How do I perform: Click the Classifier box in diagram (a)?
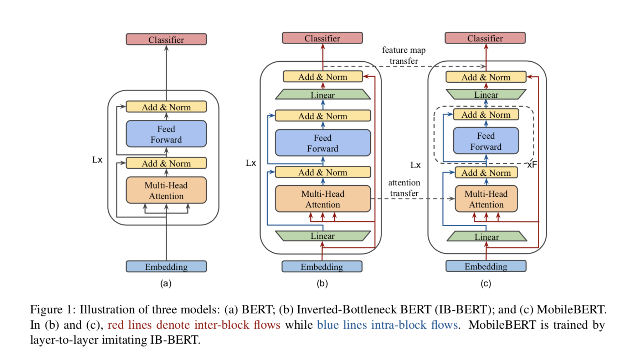[166, 39]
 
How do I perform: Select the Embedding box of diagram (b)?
[322, 267]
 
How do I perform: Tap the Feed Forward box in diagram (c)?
[486, 141]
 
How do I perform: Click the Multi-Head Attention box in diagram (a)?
[166, 190]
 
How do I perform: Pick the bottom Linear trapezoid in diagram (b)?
[323, 236]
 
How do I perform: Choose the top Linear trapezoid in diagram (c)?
[486, 94]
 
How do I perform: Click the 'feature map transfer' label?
[404, 56]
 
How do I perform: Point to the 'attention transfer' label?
[404, 188]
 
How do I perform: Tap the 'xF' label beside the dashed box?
[532, 164]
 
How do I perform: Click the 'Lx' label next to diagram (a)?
[97, 160]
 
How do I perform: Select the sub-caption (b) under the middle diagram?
[322, 283]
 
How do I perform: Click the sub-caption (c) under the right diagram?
[486, 283]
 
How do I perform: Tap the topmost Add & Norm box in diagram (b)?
[323, 77]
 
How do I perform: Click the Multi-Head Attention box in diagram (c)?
[486, 199]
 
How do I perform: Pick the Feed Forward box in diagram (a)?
[166, 134]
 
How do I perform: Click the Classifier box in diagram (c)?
[485, 38]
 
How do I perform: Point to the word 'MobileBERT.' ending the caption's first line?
[571, 309]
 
